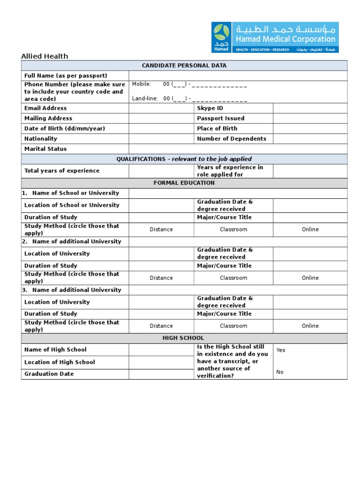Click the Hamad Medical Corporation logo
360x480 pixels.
(x=275, y=37)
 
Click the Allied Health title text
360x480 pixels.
(x=45, y=56)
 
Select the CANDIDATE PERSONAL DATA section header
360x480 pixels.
(x=184, y=66)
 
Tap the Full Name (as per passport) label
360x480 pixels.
(x=66, y=76)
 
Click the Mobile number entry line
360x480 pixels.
(x=205, y=84)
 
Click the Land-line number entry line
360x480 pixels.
(x=205, y=99)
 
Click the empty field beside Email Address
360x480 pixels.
(x=161, y=108)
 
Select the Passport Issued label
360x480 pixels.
(x=220, y=119)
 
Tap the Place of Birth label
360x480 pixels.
(x=217, y=128)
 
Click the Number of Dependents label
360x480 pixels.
(x=231, y=139)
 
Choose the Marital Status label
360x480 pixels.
(x=45, y=149)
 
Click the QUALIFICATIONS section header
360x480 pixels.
(x=184, y=159)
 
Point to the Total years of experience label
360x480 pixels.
(x=62, y=171)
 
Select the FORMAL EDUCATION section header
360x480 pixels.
(x=184, y=183)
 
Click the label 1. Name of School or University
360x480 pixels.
(x=70, y=193)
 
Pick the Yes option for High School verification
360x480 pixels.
(x=280, y=350)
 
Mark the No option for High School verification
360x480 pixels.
(x=280, y=372)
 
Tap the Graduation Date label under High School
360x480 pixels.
(x=49, y=374)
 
